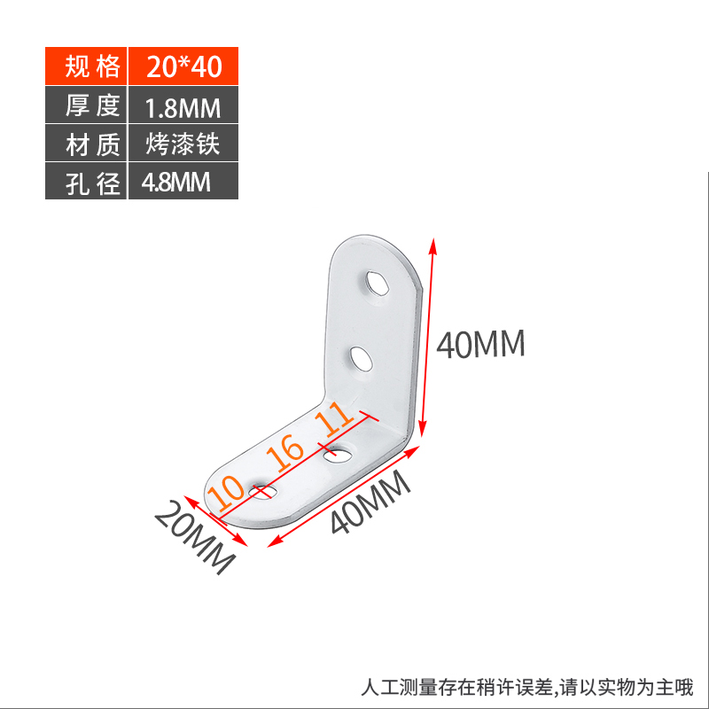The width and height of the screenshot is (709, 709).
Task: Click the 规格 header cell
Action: pos(87,66)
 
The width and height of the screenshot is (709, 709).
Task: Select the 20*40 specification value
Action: pos(183,66)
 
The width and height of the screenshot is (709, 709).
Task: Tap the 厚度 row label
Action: pos(87,105)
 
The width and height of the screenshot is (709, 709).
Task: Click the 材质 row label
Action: pos(87,144)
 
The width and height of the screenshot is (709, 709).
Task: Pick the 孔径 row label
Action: pos(87,183)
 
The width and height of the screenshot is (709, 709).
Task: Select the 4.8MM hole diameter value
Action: pos(176,183)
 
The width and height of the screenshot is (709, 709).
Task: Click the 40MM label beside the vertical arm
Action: pos(481,344)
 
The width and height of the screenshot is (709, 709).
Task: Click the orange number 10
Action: pos(227,492)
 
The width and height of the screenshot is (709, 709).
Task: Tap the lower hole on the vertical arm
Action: pos(361,359)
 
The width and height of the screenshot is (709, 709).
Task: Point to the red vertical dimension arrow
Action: pos(427,337)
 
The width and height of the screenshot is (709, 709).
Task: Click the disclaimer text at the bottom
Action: pos(527,687)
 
